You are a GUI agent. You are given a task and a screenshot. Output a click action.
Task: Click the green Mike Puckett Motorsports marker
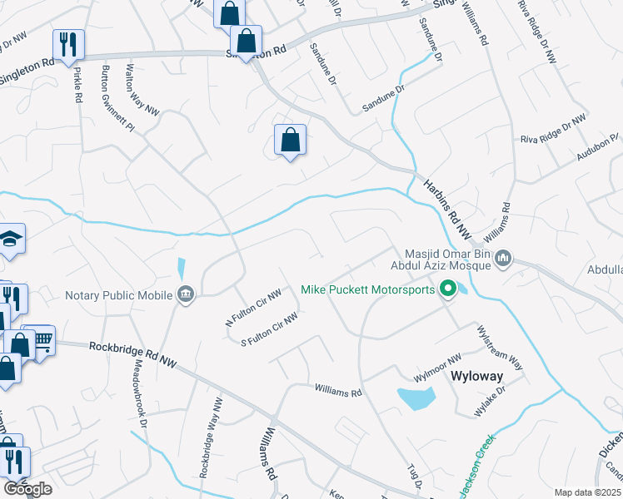(447, 289)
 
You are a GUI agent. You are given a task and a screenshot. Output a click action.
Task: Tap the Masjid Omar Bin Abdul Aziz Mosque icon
(502, 260)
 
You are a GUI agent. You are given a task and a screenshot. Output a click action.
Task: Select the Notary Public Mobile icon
(186, 294)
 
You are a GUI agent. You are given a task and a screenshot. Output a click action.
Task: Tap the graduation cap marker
(11, 239)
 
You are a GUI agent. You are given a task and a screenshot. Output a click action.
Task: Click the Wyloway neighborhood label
(476, 376)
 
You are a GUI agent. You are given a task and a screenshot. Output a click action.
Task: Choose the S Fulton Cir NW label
(269, 329)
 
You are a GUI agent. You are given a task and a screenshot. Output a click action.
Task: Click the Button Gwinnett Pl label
(117, 101)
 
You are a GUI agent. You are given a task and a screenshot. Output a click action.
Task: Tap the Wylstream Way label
(498, 348)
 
